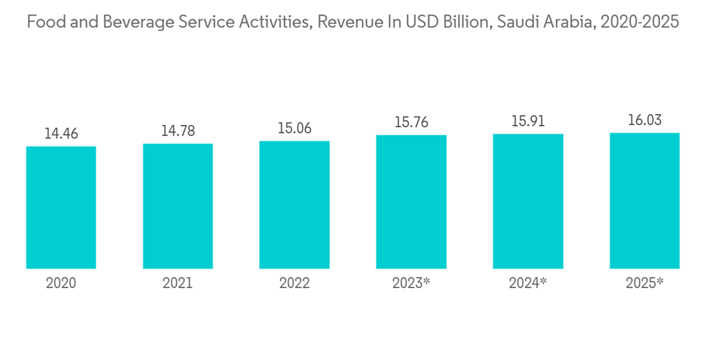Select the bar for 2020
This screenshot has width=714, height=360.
pos(61,207)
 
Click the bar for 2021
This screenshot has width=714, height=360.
pos(178,206)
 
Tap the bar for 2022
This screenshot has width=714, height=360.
pos(294,204)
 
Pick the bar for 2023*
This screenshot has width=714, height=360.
pos(411,201)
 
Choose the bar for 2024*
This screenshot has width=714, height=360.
pos(528,201)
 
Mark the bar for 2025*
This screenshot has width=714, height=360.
pos(644,200)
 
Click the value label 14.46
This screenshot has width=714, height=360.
pos(61,134)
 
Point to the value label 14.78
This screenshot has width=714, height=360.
pos(178,131)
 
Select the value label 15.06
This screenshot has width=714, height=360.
pos(294,128)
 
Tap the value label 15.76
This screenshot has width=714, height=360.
pos(411,122)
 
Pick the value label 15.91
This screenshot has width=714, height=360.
pos(528,121)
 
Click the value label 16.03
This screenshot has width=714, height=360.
pos(644,120)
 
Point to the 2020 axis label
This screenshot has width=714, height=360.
pos(61,283)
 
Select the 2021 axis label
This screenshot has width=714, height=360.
pos(178,283)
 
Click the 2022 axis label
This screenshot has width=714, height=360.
pos(294,283)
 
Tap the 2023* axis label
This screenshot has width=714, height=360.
pos(411,283)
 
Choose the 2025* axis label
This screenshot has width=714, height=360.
pos(644,283)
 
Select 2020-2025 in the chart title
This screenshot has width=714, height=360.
pos(640,22)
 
